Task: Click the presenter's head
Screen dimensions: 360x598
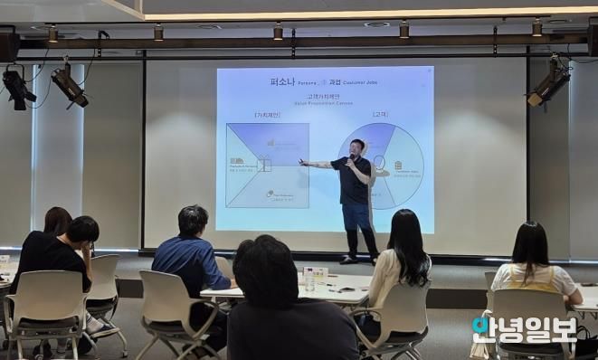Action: (358, 148)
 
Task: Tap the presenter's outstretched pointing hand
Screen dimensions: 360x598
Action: (303, 164)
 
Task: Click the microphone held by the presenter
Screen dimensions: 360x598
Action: (352, 159)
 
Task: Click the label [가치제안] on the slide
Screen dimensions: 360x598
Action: (267, 115)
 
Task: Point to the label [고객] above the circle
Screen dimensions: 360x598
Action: (381, 115)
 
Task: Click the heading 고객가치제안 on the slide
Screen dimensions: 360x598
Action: (324, 97)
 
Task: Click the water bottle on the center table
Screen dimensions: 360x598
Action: (309, 279)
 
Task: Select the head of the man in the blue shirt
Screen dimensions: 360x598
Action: (193, 222)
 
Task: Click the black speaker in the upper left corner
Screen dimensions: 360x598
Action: (9, 44)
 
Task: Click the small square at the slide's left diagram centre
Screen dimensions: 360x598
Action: (264, 165)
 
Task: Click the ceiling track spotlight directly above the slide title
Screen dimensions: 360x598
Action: (278, 33)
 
